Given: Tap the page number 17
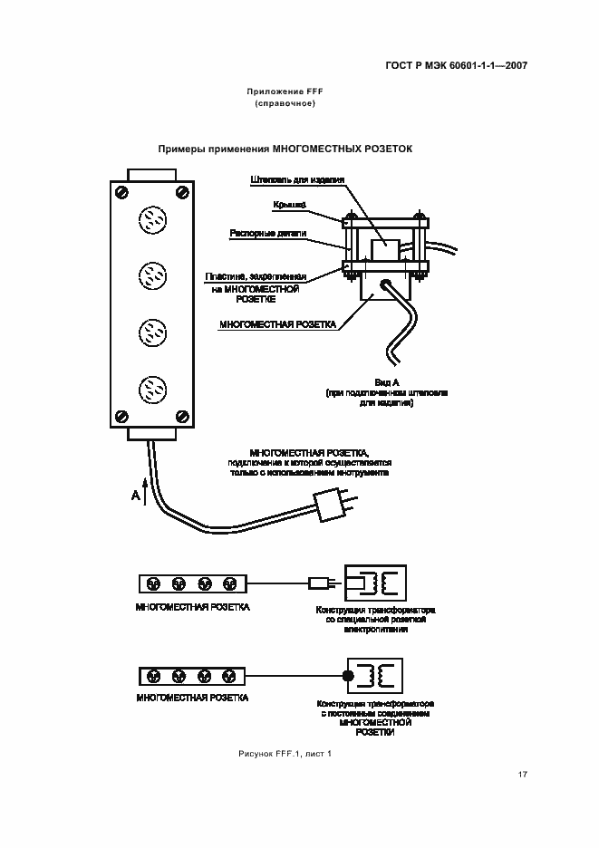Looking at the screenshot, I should [522, 774].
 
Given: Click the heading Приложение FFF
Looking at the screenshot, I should [285, 92].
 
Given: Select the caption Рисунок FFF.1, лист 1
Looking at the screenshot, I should [285, 753].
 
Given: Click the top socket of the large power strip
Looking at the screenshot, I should [150, 219].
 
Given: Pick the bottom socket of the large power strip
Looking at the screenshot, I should [150, 390].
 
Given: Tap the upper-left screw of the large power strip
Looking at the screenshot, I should [120, 192].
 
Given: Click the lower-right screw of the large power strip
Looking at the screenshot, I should [182, 417].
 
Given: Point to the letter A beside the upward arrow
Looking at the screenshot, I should [135, 496].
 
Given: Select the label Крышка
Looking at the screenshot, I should [290, 206].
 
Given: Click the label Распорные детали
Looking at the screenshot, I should [280, 233].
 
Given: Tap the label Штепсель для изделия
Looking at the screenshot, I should [297, 179].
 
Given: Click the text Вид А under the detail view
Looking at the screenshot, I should [387, 382].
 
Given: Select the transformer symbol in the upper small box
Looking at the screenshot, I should [381, 583].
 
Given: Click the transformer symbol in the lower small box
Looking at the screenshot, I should [381, 675].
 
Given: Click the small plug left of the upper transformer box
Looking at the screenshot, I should [319, 583].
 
